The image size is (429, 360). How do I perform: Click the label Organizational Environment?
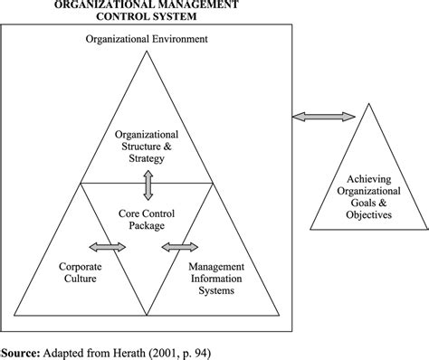coord(147,40)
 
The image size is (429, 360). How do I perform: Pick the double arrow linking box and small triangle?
coord(323,116)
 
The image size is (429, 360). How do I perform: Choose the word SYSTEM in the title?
coord(186,15)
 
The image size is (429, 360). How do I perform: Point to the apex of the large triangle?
coord(147,52)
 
